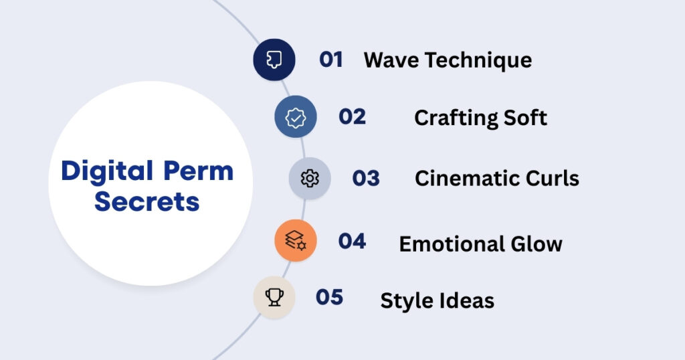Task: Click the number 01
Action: [331, 60]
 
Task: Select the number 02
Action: [352, 116]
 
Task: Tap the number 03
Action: [366, 178]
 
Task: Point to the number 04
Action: [352, 241]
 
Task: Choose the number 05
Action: [329, 297]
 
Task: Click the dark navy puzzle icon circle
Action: [274, 60]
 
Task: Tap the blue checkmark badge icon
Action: [295, 117]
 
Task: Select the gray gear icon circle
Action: [310, 179]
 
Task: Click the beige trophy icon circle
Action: [274, 297]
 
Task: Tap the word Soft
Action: [526, 118]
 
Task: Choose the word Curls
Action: [552, 179]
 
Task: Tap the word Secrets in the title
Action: [147, 201]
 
